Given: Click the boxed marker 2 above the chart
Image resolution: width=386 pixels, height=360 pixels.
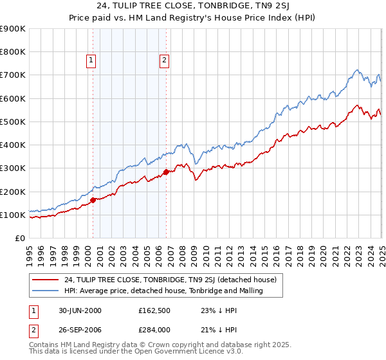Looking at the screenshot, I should [x=165, y=61].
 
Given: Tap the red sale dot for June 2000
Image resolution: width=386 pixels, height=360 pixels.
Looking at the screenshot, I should [x=93, y=200].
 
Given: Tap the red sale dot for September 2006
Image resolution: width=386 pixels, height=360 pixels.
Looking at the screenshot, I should [x=166, y=172].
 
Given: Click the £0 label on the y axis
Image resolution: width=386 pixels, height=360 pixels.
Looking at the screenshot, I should [x=19, y=238].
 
